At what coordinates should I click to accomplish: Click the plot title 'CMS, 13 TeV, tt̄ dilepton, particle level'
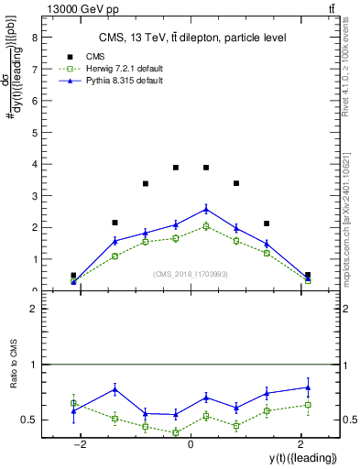pyautogui.click(x=192, y=38)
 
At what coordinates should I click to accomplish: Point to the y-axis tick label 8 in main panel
pyautogui.click(x=35, y=38)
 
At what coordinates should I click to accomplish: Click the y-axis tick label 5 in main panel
pyautogui.click(x=35, y=133)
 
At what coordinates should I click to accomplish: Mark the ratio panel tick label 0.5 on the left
pyautogui.click(x=30, y=420)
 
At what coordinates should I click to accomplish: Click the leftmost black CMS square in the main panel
pyautogui.click(x=73, y=275)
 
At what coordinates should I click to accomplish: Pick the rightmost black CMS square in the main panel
pyautogui.click(x=308, y=275)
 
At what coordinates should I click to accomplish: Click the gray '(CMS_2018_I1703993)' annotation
pyautogui.click(x=191, y=274)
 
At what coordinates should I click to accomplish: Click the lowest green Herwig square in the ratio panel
pyautogui.click(x=176, y=432)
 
